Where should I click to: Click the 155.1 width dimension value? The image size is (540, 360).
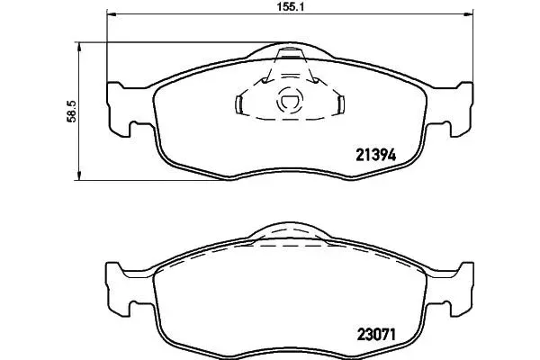tap(291, 6)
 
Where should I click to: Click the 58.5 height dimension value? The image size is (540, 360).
tap(72, 112)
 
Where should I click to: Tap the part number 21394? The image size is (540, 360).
tap(375, 155)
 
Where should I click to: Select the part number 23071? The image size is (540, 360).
tap(376, 334)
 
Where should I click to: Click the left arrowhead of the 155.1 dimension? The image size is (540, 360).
tap(112, 14)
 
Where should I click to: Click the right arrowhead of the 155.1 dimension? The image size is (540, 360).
tap(469, 14)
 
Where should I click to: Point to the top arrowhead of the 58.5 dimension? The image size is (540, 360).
tap(79, 47)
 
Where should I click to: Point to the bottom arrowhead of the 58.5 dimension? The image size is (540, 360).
tap(79, 175)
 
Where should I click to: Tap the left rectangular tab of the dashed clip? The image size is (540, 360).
tap(238, 104)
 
